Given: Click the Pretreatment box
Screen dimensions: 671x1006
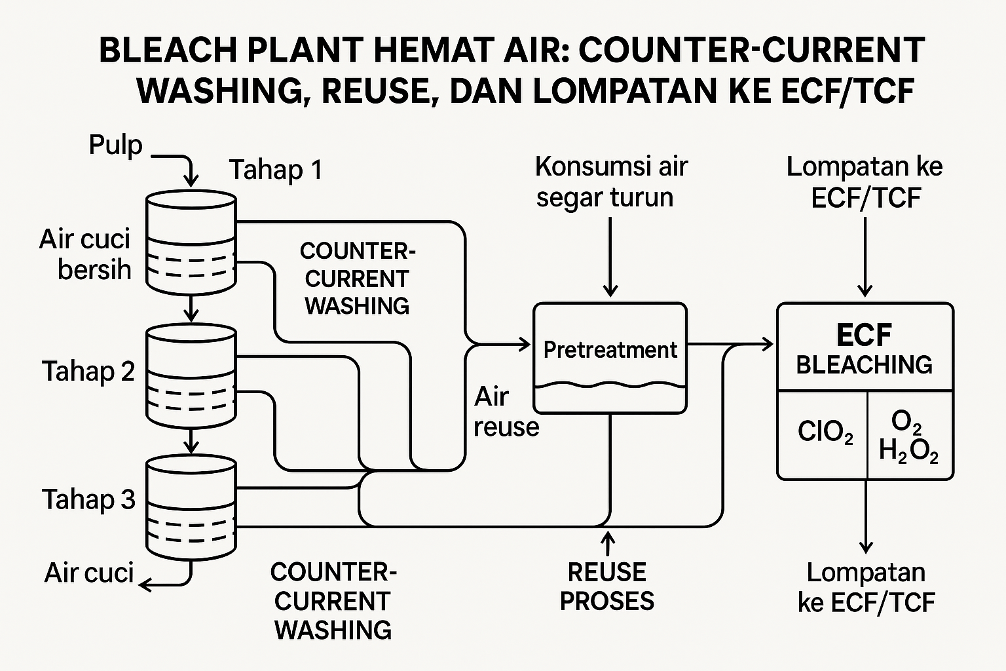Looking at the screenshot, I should pos(610,357).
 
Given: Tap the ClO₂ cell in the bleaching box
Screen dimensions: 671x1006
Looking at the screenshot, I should pos(825,432).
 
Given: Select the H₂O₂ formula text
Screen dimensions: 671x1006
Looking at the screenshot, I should pos(908,451).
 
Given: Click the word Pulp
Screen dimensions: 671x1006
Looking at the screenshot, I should pos(115,145).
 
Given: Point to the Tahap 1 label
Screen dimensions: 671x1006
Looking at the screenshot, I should pos(276,170).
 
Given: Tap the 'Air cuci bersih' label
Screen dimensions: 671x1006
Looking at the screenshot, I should pos(85,254).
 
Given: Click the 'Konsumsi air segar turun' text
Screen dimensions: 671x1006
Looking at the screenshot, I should pos(610,182).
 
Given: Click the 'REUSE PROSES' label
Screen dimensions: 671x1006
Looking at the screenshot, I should pos(606,586).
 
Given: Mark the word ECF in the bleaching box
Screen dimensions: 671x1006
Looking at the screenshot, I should pos(864,335).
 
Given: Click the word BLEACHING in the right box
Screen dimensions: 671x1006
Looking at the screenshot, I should pos(864,365).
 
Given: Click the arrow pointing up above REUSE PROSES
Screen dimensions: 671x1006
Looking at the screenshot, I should pos(608,543).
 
